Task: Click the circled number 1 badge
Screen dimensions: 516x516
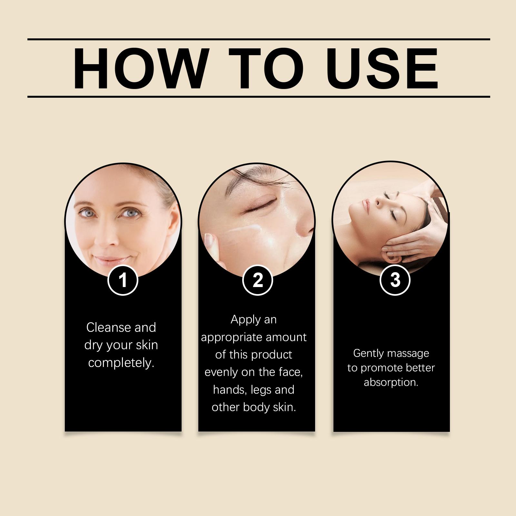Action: coord(123,280)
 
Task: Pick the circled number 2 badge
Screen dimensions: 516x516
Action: coord(258,280)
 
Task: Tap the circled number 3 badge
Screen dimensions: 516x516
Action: coord(395,280)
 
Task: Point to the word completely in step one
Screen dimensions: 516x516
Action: coord(121,363)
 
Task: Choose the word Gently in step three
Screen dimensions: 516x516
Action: coord(368,354)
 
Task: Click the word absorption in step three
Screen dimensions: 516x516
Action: coord(391,382)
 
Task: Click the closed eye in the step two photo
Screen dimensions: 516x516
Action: coord(258,208)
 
